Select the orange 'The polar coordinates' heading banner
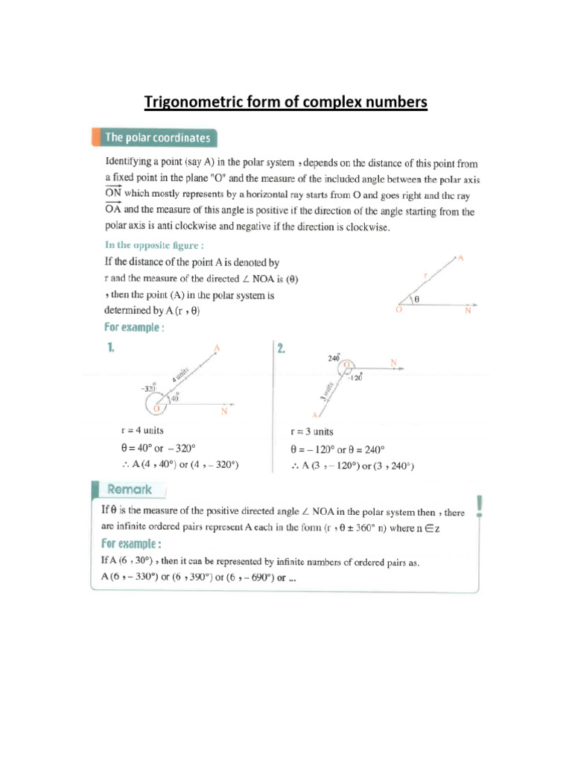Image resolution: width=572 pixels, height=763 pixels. (x=156, y=138)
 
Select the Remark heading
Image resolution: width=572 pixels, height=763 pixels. (x=130, y=490)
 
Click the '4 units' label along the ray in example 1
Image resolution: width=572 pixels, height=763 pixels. (x=183, y=375)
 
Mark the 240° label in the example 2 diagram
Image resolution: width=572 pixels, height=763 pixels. (x=334, y=358)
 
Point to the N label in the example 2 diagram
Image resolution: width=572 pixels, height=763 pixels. (x=393, y=363)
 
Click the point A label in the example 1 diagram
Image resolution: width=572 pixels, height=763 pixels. (x=217, y=348)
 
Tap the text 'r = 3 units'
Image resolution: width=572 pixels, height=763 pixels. (x=311, y=431)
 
